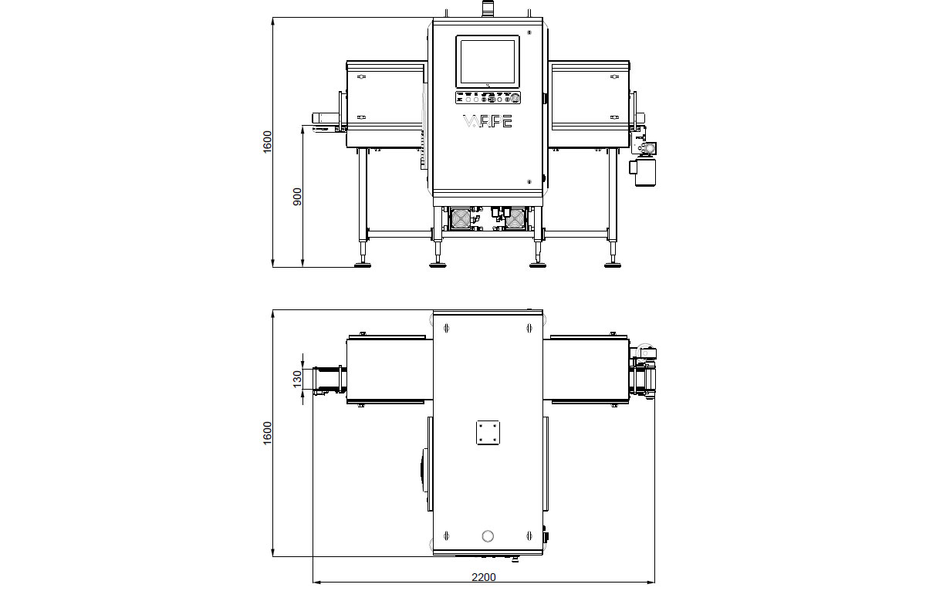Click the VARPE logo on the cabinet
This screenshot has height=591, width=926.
point(486,122)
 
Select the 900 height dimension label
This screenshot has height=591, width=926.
point(297,197)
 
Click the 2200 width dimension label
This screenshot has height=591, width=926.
point(484,576)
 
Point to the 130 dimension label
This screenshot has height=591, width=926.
point(297,379)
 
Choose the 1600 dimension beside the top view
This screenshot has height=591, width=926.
point(267,432)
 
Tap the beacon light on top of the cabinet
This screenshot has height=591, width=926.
point(487,8)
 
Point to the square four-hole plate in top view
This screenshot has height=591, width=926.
point(487,432)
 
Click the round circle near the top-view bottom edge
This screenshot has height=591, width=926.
point(487,536)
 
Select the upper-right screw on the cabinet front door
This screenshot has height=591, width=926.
point(529,32)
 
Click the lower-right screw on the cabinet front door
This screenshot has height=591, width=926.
point(529,182)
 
